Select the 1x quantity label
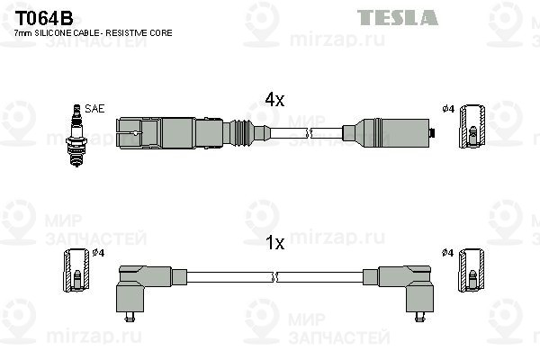click(274, 243)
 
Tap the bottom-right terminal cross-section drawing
click(472, 271)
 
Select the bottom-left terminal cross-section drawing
click(76, 270)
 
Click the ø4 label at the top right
click(447, 109)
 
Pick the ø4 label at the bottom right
click(447, 253)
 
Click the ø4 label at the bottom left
click(99, 253)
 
